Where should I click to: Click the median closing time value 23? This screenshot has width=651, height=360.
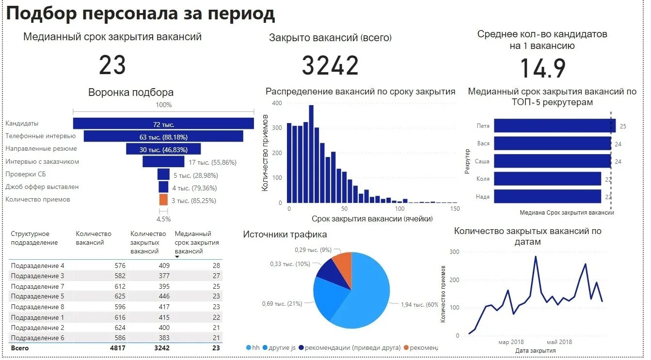point(112,65)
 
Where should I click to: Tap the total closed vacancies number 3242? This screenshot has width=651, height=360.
point(330,65)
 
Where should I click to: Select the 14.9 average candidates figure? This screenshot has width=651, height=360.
point(543,68)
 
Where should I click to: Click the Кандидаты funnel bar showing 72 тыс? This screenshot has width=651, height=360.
point(163,124)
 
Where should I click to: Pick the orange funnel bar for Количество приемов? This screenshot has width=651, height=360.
point(163,200)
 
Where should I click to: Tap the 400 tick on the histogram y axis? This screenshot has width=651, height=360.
point(277,103)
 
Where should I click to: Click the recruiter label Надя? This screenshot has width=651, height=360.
point(482,197)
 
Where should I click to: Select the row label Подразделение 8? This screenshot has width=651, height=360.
point(37,307)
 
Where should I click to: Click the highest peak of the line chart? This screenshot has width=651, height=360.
point(536,256)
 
